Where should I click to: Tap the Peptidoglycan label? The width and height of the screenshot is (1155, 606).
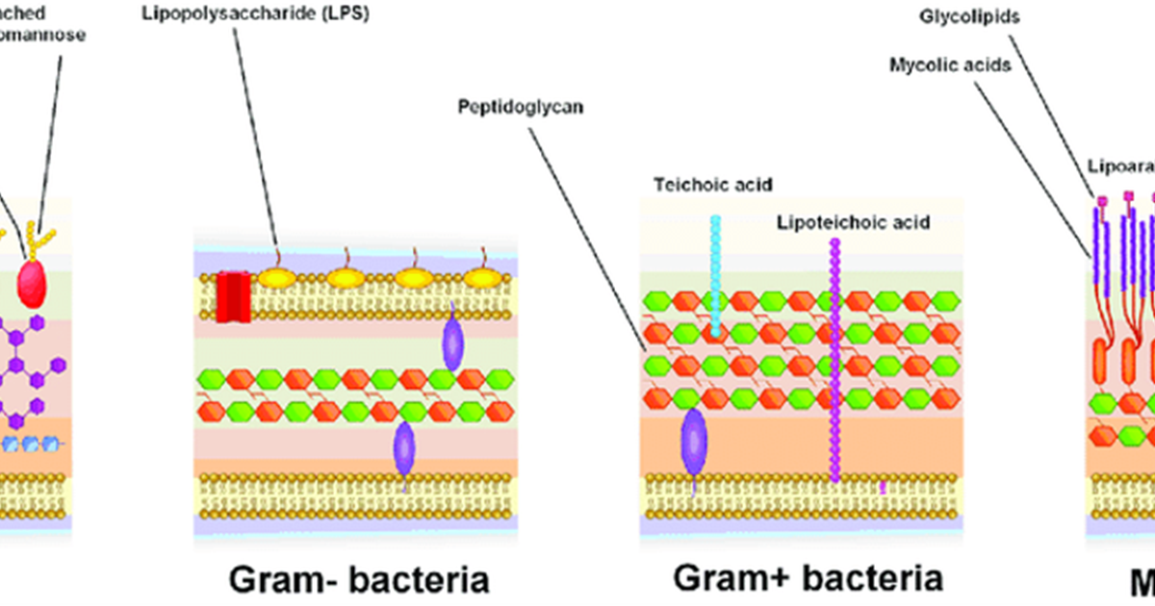(521, 108)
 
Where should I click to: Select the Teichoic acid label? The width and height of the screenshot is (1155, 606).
(712, 184)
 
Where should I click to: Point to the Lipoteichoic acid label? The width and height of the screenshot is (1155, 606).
(853, 223)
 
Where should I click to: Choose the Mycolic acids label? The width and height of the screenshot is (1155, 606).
(949, 65)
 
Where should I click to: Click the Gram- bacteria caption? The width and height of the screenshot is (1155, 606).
(358, 580)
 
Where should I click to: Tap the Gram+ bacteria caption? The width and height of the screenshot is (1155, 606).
(808, 578)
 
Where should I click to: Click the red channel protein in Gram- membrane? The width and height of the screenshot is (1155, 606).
(233, 296)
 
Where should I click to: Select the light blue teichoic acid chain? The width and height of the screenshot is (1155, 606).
(715, 274)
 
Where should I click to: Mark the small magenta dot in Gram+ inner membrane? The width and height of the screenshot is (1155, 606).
(883, 487)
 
